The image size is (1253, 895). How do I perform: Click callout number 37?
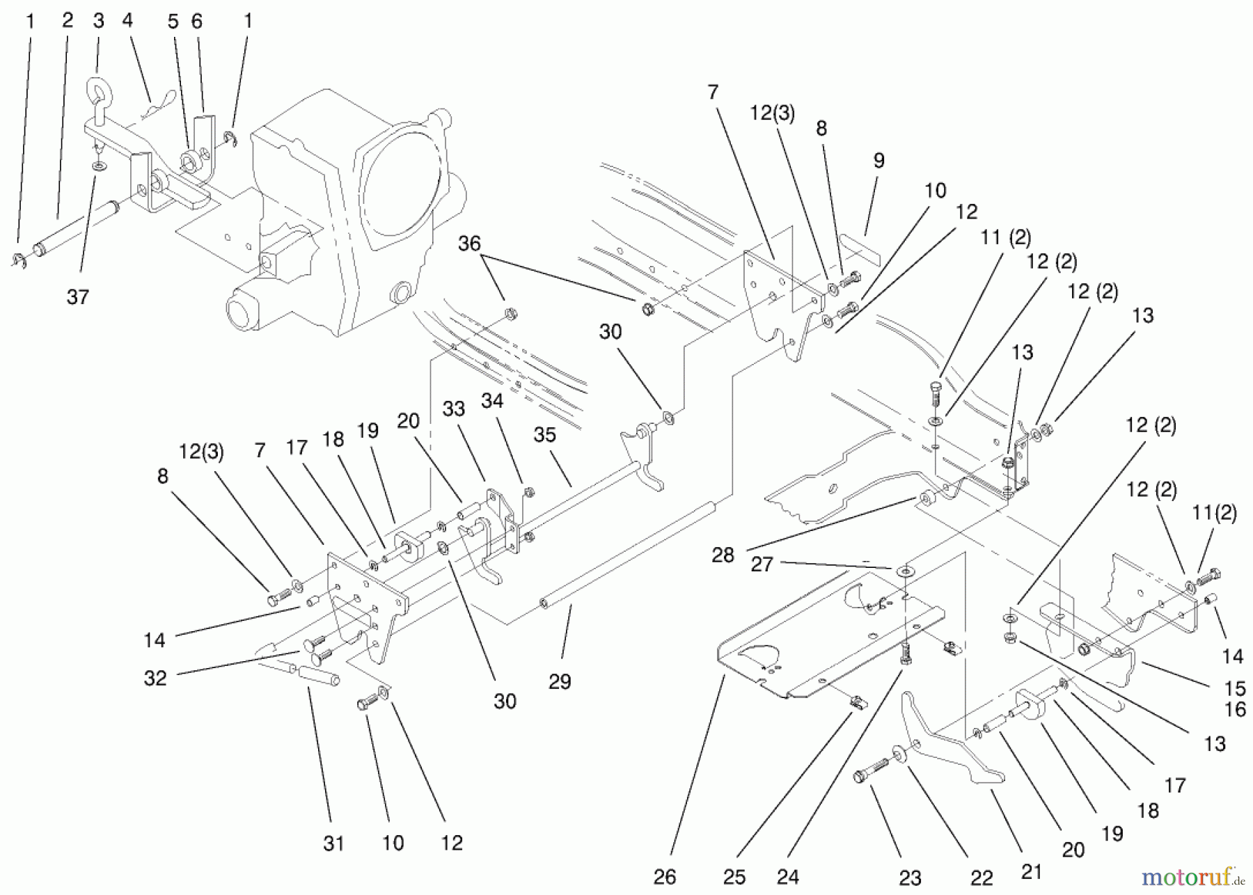[78, 297]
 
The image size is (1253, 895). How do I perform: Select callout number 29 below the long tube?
[560, 681]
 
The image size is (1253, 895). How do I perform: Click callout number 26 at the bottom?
[665, 877]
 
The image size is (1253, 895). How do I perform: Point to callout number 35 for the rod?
[544, 435]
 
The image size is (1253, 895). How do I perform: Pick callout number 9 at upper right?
[878, 161]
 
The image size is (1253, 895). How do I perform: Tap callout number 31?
[333, 843]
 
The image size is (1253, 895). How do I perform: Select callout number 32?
[155, 678]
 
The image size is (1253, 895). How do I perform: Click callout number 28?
[723, 555]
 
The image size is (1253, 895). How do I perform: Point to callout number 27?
[762, 564]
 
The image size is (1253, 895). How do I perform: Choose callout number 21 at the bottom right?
[1031, 872]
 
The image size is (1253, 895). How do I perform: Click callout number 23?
[910, 878]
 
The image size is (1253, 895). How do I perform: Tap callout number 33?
[453, 409]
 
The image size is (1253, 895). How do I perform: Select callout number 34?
[491, 401]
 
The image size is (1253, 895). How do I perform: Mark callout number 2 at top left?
[67, 20]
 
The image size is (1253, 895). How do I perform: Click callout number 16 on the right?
[1235, 709]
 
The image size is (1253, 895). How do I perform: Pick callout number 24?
[787, 877]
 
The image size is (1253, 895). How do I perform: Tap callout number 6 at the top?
[196, 22]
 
